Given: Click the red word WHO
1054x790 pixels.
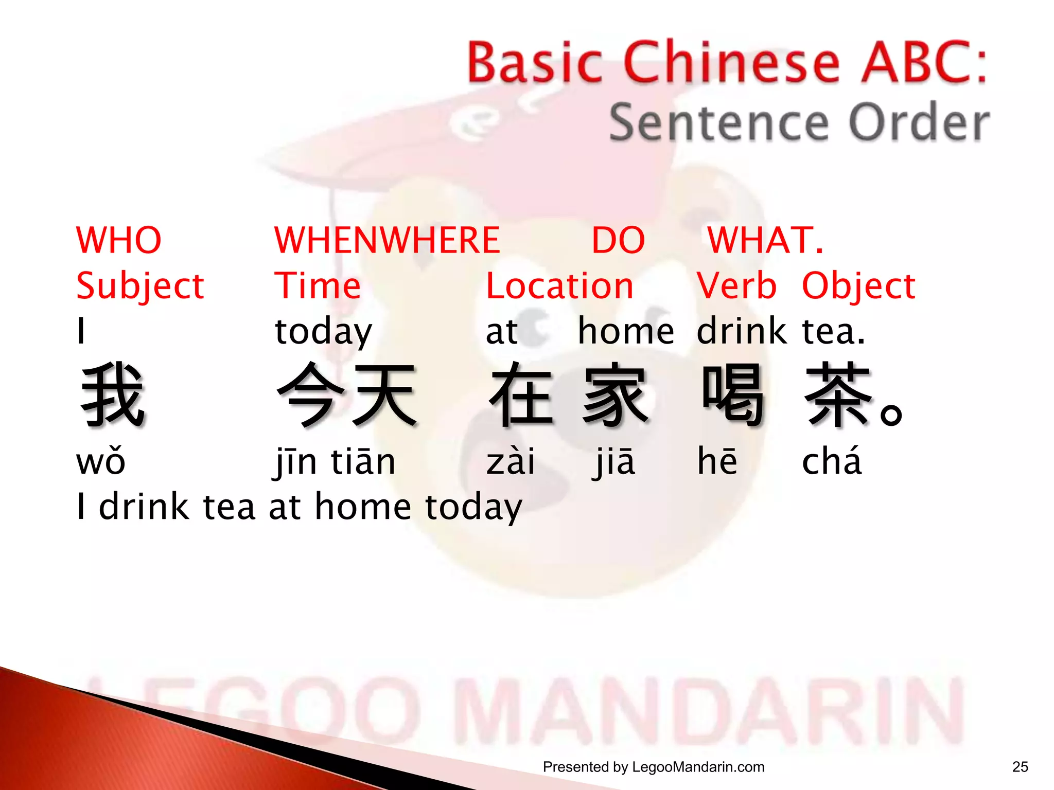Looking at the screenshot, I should pos(119,240).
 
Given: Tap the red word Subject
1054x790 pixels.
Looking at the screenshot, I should pos(140,286).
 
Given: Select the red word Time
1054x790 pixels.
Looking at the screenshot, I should pos(318,286).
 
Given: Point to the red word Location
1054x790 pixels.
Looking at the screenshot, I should pos(559,286).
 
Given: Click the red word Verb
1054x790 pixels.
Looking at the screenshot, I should pos(736,286).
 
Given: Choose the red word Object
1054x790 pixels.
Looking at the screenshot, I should pos(858,286).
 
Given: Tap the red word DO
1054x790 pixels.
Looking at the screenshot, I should pos(618,240).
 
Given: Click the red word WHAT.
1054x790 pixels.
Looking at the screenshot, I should pos(765,240).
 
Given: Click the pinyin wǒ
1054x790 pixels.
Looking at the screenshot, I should pos(101,461).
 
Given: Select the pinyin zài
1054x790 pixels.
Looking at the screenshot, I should pos(511,461).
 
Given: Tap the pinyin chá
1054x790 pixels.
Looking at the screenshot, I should pos(832,461).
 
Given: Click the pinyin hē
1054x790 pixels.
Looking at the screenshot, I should pos(717,461).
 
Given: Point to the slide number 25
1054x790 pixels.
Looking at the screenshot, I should pos(1020,767).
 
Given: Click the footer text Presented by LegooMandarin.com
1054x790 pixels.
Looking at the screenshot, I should pos(654,767).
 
